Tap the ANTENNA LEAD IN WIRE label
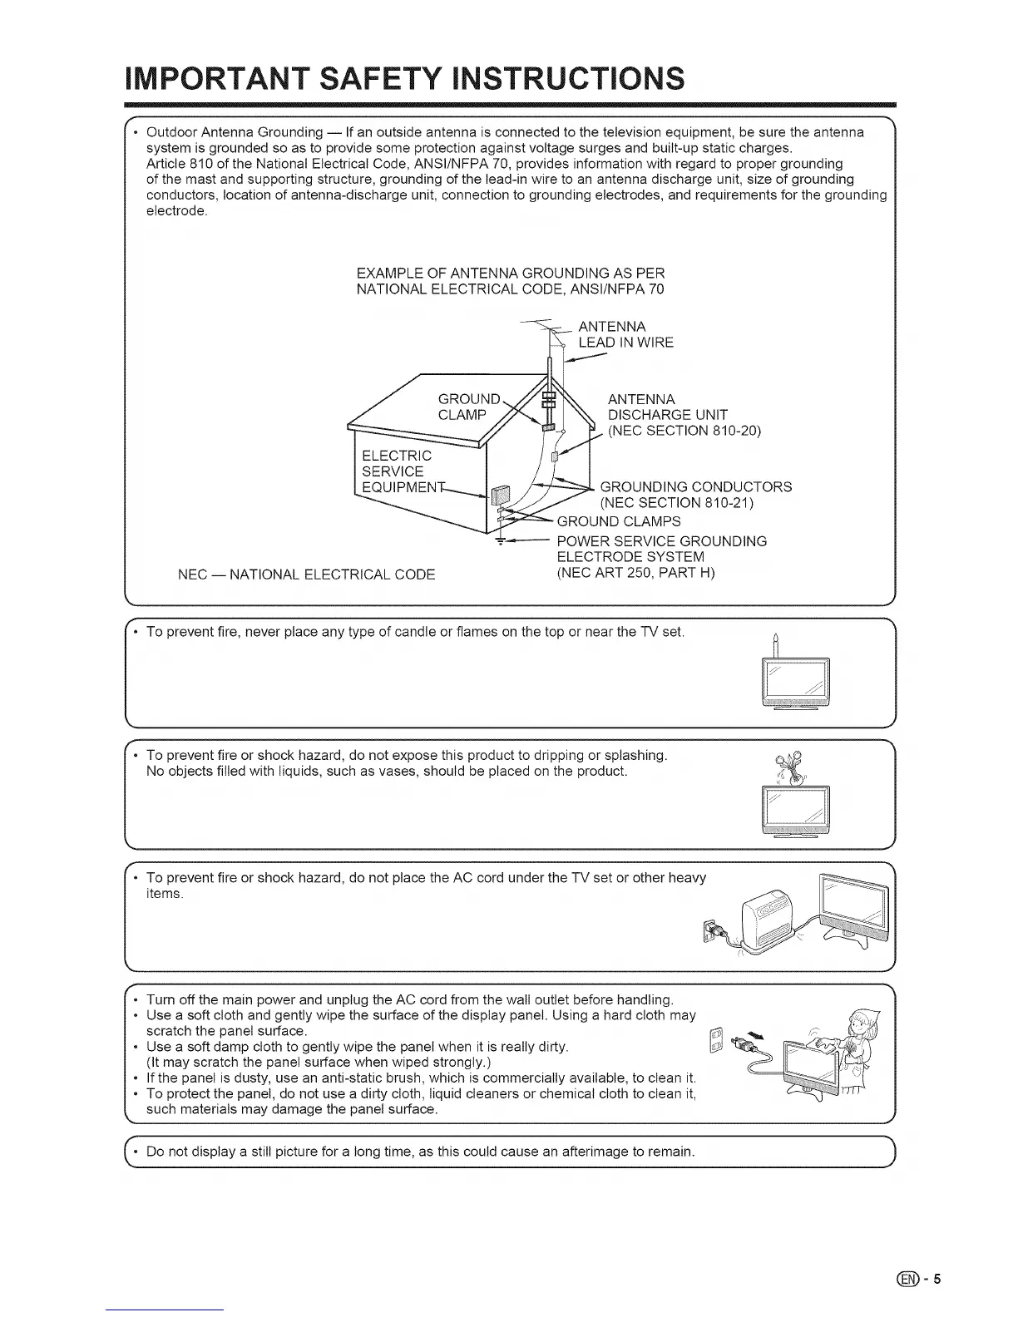pos(625,334)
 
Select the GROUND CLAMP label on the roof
pos(470,407)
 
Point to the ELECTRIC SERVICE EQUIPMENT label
pos(398,471)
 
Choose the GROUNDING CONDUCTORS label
pos(695,487)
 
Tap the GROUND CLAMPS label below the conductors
pos(619,521)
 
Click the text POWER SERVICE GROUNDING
pos(661,541)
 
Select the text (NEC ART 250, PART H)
pos(635,573)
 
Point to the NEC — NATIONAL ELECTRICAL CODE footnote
pos(307,575)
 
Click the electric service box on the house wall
pos(499,497)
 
